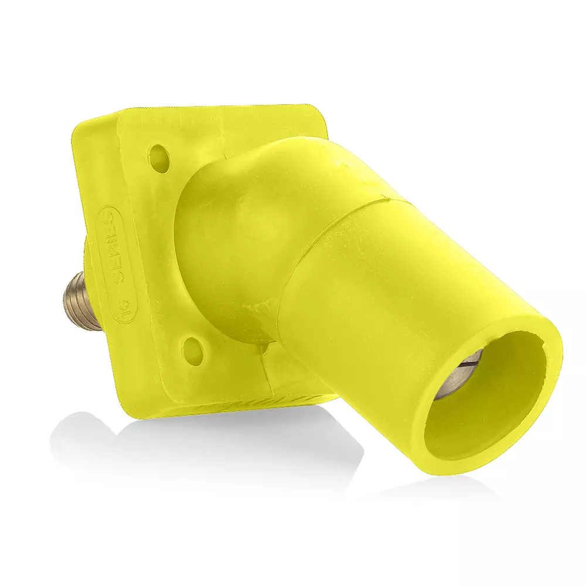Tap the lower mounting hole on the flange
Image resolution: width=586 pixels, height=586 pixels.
192,348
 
